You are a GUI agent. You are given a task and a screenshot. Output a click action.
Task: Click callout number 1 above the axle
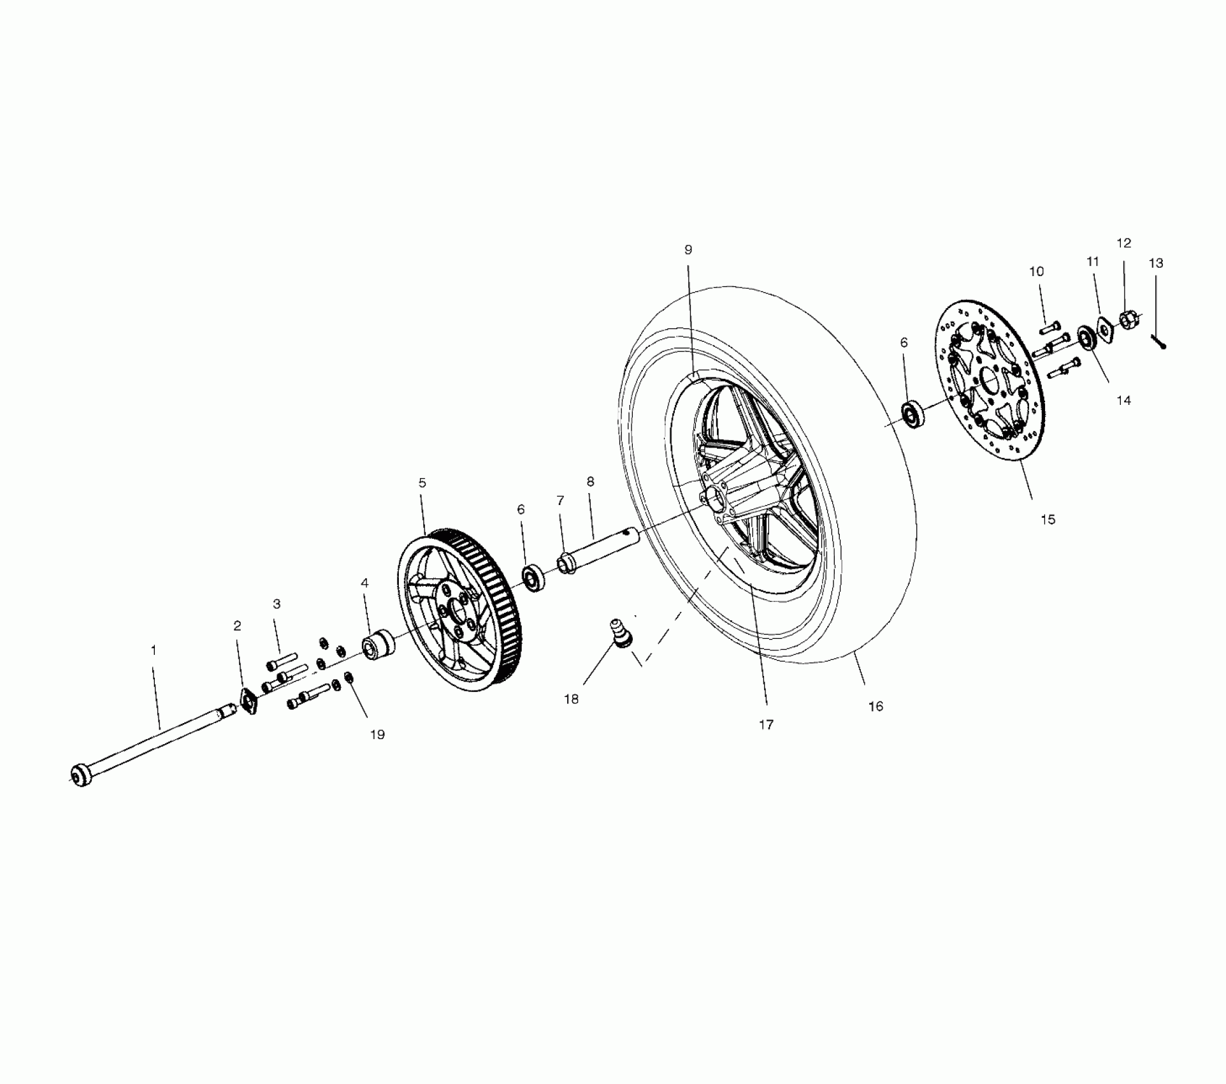click(153, 650)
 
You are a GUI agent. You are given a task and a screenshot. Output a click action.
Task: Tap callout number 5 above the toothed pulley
click(422, 483)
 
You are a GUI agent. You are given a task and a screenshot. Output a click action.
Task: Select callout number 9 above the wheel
click(688, 250)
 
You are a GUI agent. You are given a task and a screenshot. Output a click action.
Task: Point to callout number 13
click(1156, 263)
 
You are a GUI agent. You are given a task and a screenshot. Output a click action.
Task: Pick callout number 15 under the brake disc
click(1048, 520)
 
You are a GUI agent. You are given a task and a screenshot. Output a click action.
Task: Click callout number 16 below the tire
click(876, 706)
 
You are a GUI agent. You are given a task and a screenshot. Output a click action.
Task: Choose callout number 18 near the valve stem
click(571, 699)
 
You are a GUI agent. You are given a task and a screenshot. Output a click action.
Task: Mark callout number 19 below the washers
click(377, 735)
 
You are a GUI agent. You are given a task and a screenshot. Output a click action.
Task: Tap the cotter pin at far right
click(1159, 342)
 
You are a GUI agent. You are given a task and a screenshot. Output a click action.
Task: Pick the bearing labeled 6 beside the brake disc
click(913, 414)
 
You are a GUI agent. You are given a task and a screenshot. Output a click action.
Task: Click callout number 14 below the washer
click(1123, 400)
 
